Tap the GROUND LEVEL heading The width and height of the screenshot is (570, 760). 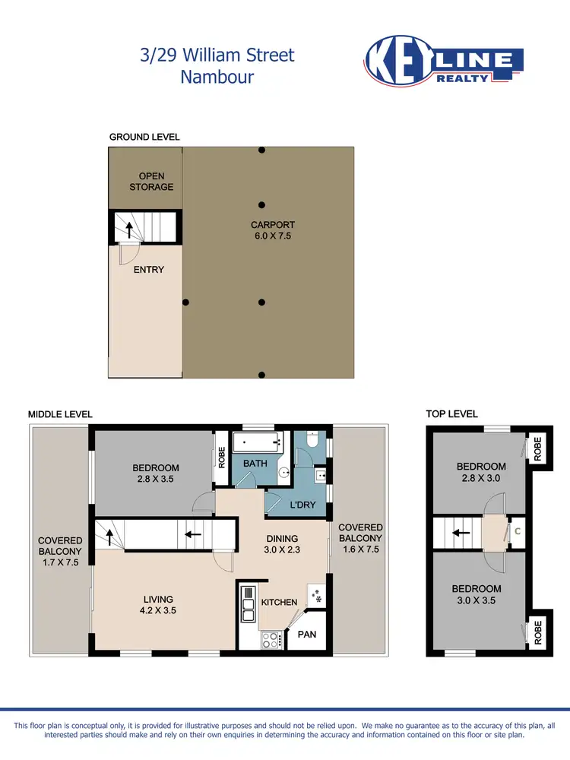[x=144, y=137]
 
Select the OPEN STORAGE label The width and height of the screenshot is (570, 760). [x=151, y=182]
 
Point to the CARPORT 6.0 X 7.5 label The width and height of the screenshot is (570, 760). [x=273, y=230]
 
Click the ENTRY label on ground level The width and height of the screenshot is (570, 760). [x=149, y=269]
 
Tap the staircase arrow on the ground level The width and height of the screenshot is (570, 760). [x=128, y=229]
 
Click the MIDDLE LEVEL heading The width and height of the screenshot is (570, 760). [x=60, y=414]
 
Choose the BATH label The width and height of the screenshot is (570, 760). [x=255, y=463]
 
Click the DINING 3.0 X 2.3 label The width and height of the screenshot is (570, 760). [x=280, y=524]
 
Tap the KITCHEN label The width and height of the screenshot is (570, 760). [x=279, y=602]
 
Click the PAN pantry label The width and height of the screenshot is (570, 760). [x=307, y=634]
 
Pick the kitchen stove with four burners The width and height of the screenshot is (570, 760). [x=270, y=640]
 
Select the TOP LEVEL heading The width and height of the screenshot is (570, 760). [x=451, y=414]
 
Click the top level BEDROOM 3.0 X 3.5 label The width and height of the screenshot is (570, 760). [x=477, y=594]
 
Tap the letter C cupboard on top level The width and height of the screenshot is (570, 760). [x=518, y=530]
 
